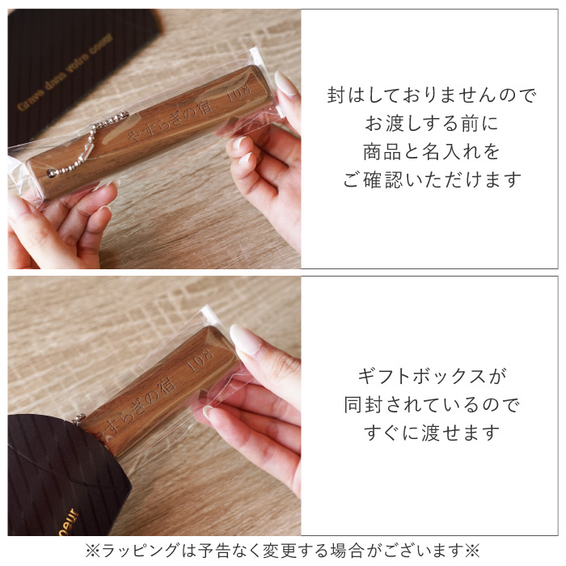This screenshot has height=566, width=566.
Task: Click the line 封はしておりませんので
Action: pos(431,95)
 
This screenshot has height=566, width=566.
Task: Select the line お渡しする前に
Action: pos(431,124)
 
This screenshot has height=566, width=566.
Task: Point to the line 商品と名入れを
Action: pos(431,152)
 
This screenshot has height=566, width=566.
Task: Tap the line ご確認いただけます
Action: pos(431,180)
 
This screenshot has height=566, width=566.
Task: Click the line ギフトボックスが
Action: pos(429,376)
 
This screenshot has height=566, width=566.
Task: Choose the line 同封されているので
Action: pos(429,404)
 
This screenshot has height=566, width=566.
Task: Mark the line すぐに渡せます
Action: pos(429,433)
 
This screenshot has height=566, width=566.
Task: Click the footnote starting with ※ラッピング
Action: pos(283,551)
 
